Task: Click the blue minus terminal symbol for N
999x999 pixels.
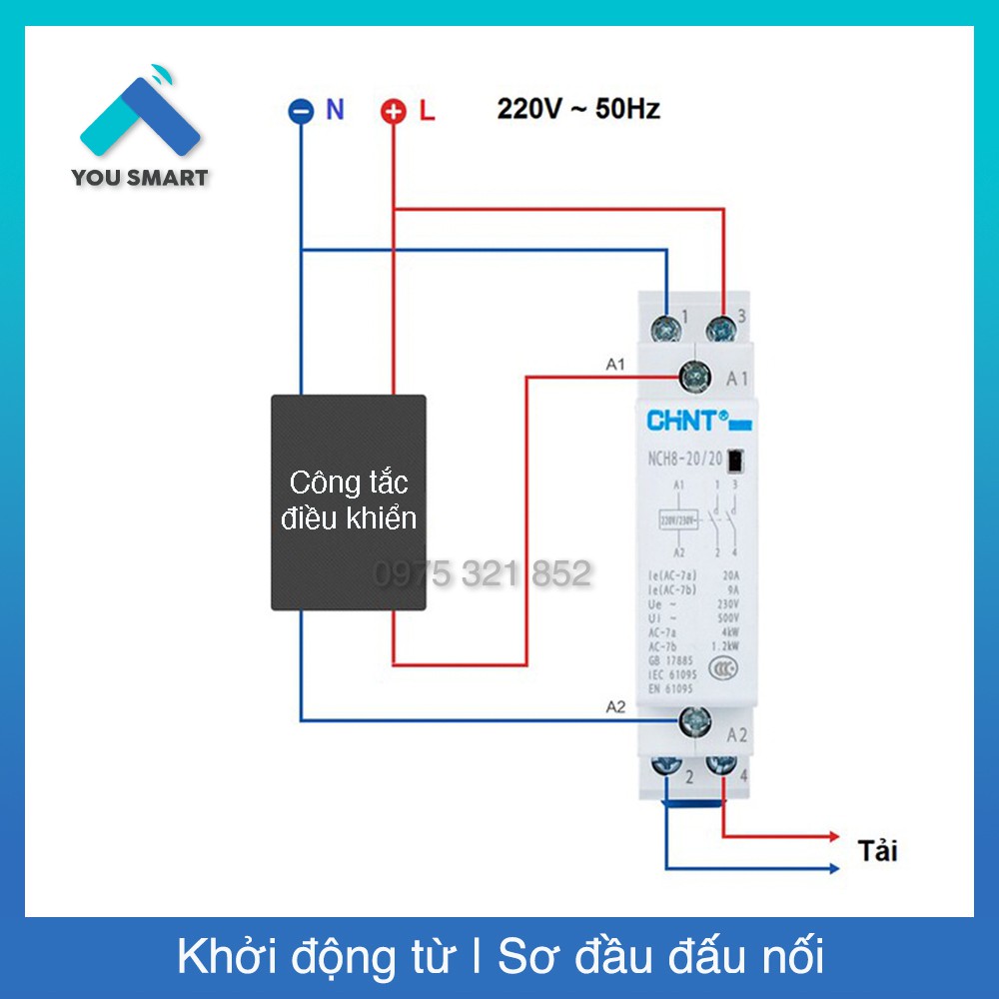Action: click(301, 112)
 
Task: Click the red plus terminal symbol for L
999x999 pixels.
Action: click(395, 112)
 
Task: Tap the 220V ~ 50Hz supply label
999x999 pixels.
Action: click(578, 109)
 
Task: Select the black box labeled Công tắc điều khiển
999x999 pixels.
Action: click(349, 502)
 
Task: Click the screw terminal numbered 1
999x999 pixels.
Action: click(666, 327)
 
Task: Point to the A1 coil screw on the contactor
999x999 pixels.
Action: click(694, 377)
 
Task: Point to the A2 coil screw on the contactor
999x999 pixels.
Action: click(694, 718)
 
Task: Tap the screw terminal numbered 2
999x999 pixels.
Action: click(666, 768)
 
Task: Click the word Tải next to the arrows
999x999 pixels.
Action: click(878, 851)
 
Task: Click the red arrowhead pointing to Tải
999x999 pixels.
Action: click(831, 835)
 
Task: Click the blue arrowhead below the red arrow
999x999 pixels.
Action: click(831, 868)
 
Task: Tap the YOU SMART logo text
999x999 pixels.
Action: click(140, 179)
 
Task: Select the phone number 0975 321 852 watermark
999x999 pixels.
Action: click(483, 573)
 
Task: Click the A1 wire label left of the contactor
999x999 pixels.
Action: click(615, 365)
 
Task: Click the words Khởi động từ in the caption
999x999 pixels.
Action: click(315, 957)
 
